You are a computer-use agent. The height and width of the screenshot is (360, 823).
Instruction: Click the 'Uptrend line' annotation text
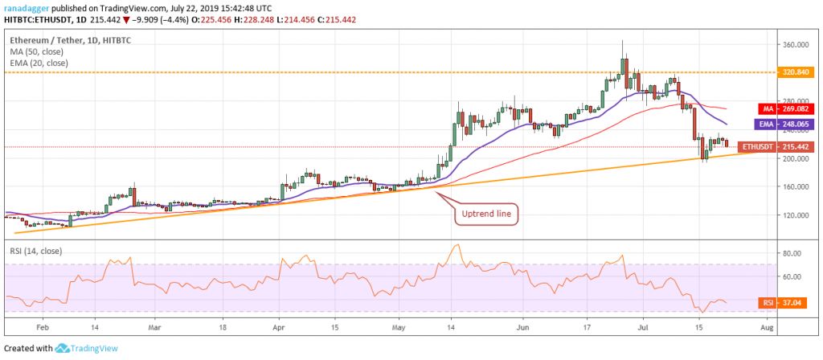481,215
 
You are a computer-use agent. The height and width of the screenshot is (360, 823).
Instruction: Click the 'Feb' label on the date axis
43,329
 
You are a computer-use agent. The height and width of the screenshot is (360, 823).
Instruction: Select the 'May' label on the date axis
400,329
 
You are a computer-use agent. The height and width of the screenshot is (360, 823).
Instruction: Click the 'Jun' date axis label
522,329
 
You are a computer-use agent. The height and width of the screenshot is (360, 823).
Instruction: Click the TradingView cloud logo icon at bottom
61,349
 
